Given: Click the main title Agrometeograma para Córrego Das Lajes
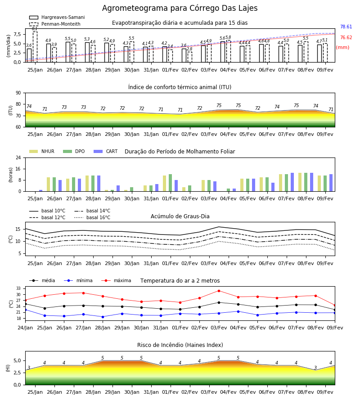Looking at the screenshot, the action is coord(180,8).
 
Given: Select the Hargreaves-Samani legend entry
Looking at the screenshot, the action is coord(57,17).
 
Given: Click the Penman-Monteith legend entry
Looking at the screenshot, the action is coord(55,24).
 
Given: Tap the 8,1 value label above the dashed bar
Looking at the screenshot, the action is coord(35,29).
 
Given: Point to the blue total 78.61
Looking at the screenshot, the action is coord(346,27).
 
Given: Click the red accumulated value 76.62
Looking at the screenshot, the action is coord(346,37).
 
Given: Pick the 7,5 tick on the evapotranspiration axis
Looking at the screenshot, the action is coord(17,34).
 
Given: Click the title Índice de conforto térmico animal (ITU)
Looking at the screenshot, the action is coord(180,87).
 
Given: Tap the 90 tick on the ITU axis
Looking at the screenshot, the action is coord(18,93).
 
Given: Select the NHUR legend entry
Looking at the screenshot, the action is coord(42,151).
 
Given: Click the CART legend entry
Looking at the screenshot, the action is coord(106,151).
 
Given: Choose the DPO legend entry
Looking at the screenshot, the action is coord(74,151).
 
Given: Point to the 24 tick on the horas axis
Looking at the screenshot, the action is coord(18,157).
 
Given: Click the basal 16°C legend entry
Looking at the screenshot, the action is coord(92,217).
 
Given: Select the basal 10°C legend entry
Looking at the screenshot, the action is coord(47,211).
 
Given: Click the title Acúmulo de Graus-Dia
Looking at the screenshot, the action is coord(180,216).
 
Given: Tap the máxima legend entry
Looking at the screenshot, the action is coord(116,280).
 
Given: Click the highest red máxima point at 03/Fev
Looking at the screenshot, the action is coord(219,291).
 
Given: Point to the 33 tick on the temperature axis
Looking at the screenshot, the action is coord(18,288).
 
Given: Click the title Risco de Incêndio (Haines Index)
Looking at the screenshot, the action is coord(180,345).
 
